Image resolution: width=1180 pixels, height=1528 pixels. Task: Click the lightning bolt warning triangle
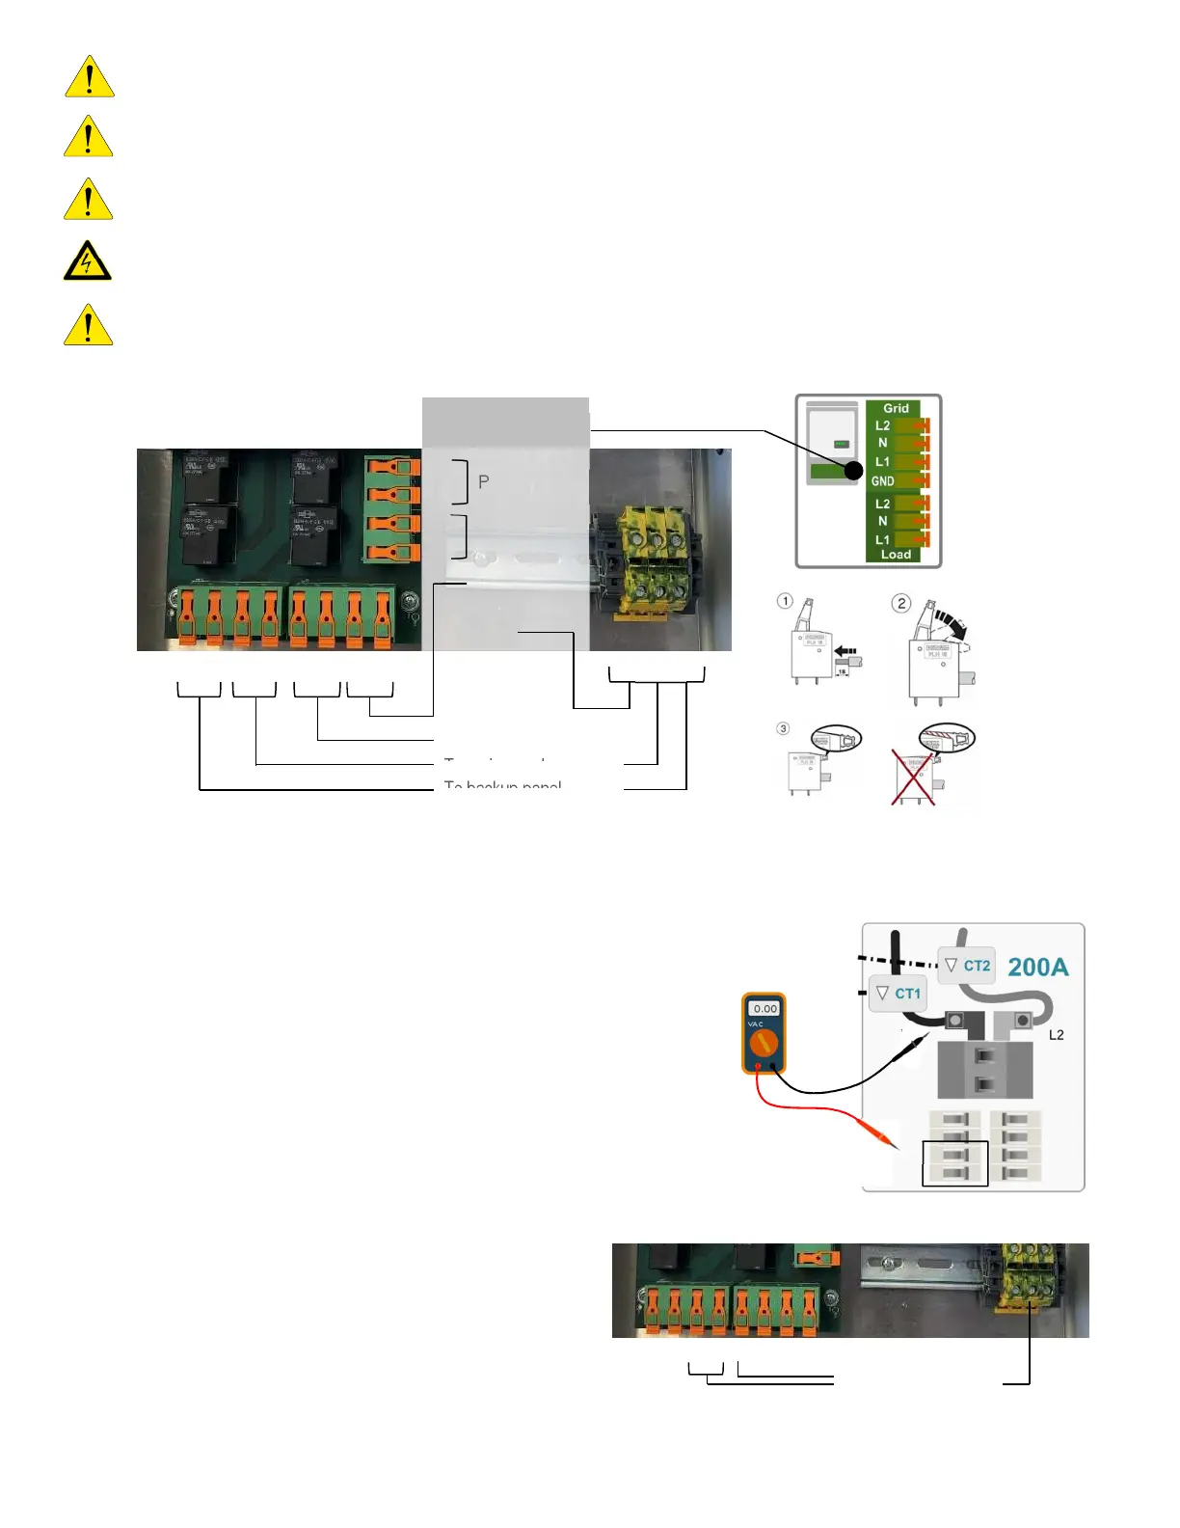[x=88, y=261]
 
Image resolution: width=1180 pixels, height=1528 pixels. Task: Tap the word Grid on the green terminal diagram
[x=896, y=408]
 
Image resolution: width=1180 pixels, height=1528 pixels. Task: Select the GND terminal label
[x=883, y=480]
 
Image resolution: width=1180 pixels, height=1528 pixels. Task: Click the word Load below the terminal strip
[x=896, y=555]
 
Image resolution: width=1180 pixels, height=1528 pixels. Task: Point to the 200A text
[x=1038, y=967]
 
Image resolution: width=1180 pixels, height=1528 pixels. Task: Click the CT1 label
[x=907, y=993]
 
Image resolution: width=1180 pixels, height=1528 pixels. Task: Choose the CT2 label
[x=976, y=965]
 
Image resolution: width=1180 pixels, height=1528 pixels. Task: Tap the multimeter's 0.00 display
[x=765, y=1008]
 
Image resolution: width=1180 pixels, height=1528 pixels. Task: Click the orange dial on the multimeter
[x=764, y=1043]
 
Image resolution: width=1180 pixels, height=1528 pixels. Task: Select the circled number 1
[x=786, y=601]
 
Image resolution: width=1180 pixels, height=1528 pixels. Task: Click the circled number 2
[x=901, y=603]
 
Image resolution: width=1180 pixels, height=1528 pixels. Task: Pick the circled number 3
[x=783, y=728]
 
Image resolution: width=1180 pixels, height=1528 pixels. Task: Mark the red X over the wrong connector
[x=912, y=778]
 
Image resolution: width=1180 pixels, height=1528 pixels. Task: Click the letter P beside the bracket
[x=484, y=481]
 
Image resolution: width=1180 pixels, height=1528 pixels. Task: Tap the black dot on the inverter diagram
[x=853, y=471]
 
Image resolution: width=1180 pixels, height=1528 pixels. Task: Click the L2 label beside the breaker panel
[x=1057, y=1035]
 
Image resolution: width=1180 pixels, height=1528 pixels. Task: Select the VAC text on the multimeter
[x=756, y=1024]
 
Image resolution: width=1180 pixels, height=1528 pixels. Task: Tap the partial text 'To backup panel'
[x=502, y=785]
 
